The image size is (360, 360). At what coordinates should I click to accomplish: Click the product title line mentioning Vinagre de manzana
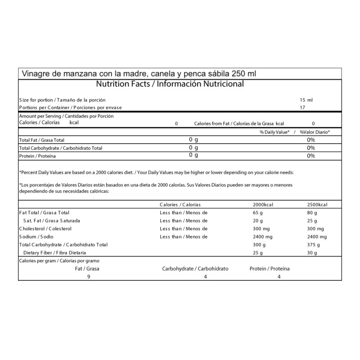pyautogui.click(x=138, y=74)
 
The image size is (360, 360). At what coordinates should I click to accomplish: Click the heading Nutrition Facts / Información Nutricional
pyautogui.click(x=170, y=84)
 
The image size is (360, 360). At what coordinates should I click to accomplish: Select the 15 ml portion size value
pyautogui.click(x=306, y=100)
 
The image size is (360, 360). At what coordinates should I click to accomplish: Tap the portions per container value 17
pyautogui.click(x=302, y=108)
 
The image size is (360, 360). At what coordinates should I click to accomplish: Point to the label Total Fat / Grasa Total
pyautogui.click(x=42, y=140)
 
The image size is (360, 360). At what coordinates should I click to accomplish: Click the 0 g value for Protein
pyautogui.click(x=193, y=156)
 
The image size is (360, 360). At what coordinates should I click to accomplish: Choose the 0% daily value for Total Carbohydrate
pyautogui.click(x=310, y=148)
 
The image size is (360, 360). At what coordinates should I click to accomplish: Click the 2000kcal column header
pyautogui.click(x=263, y=205)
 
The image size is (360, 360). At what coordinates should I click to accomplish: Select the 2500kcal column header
pyautogui.click(x=317, y=205)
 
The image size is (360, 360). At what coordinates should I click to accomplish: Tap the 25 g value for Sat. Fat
pyautogui.click(x=312, y=221)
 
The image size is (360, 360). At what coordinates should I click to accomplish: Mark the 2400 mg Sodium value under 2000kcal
pyautogui.click(x=263, y=237)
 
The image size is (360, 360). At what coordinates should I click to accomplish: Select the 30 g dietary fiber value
pyautogui.click(x=312, y=253)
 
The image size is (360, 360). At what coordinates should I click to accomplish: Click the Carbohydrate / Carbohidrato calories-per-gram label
pyautogui.click(x=195, y=269)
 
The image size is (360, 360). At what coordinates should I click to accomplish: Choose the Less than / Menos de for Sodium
pyautogui.click(x=184, y=237)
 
